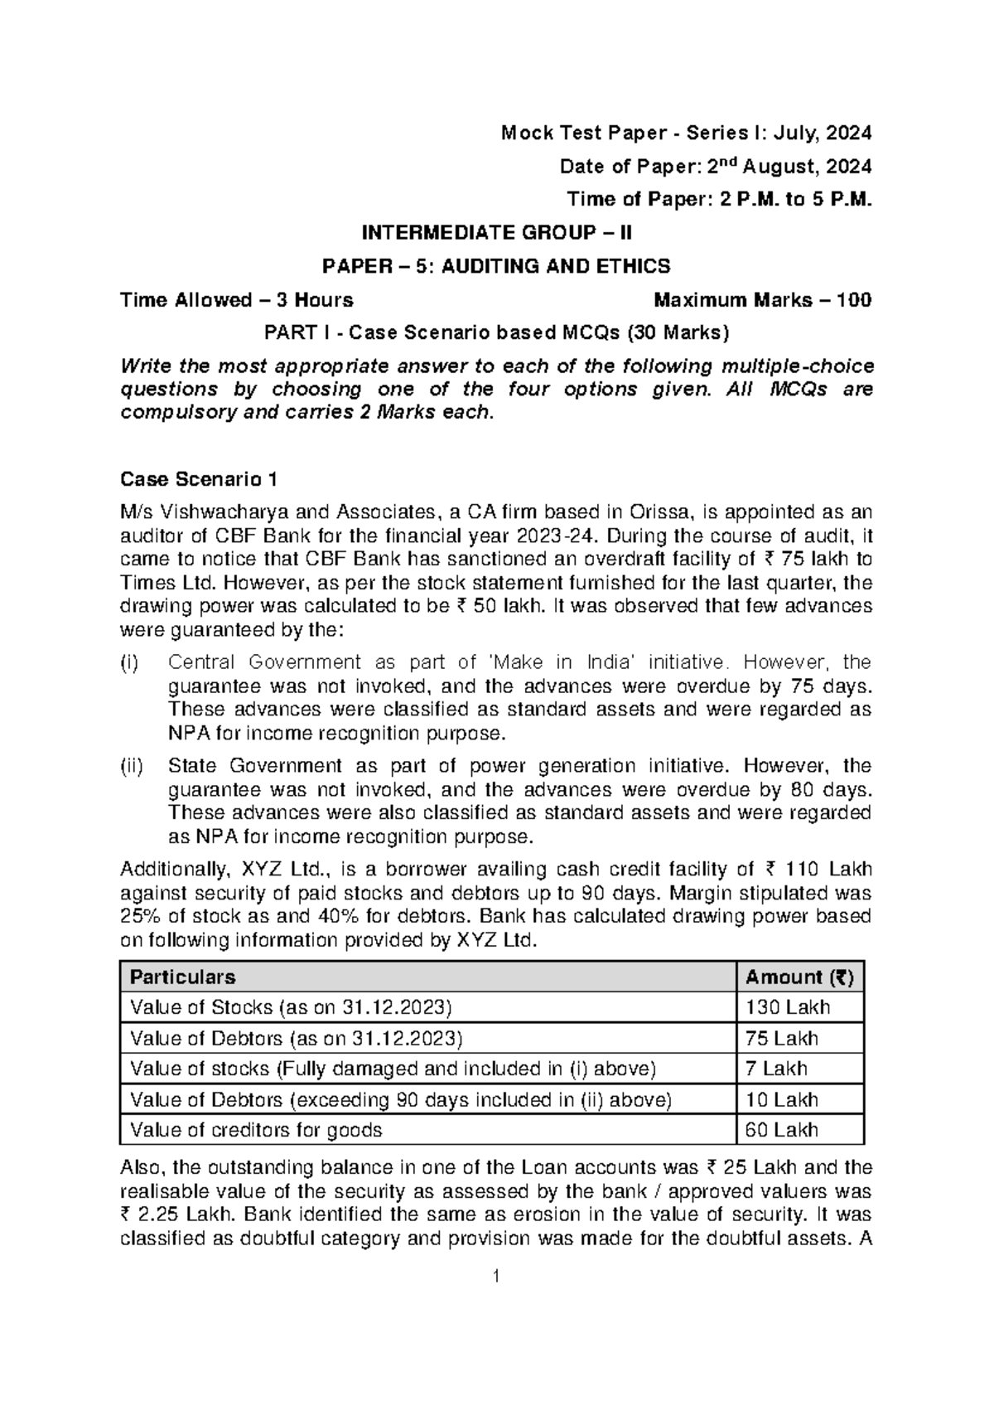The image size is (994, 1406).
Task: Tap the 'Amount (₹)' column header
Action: (x=799, y=977)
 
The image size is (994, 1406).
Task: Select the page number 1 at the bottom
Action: (x=495, y=1300)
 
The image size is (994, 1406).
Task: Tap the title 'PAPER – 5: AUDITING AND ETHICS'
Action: (x=495, y=266)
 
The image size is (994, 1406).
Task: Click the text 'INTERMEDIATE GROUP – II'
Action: (x=495, y=233)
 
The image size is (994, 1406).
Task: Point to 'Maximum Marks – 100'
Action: (x=762, y=300)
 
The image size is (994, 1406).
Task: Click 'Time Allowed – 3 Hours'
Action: (x=237, y=300)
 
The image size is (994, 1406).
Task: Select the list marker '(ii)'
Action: (x=131, y=766)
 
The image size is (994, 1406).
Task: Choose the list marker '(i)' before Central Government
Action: (x=130, y=662)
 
